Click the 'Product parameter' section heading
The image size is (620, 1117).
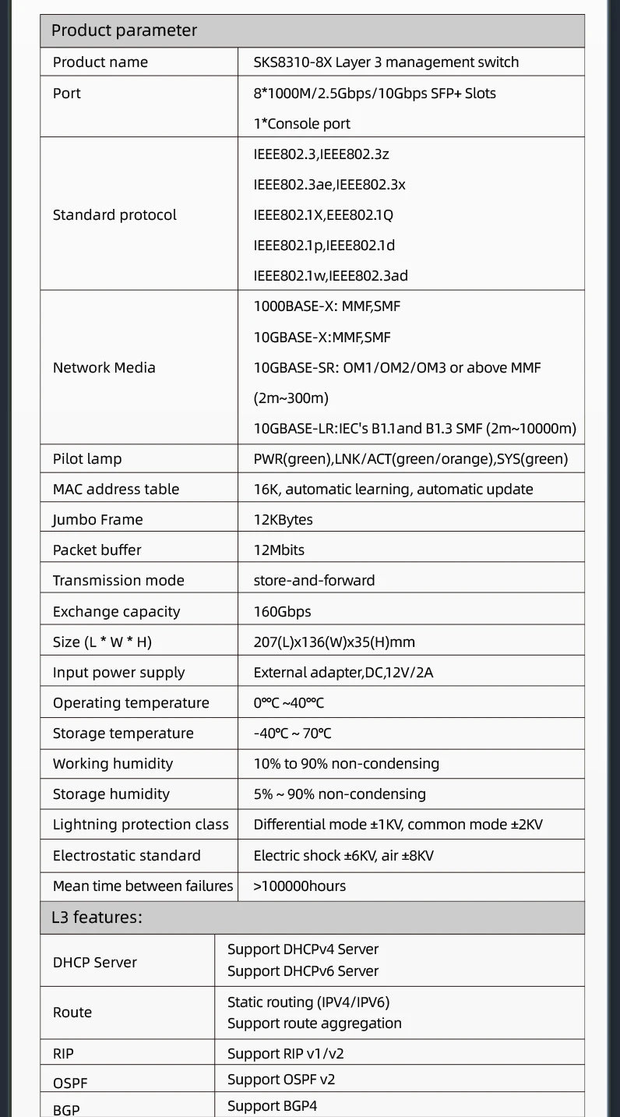pyautogui.click(x=124, y=31)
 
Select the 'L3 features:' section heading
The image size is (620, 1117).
pyautogui.click(x=97, y=917)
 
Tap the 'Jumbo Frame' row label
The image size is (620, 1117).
pyautogui.click(x=97, y=520)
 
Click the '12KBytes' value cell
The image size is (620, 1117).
pyautogui.click(x=283, y=520)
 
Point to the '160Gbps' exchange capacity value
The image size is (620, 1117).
pyautogui.click(x=282, y=612)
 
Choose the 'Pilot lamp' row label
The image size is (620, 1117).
pyautogui.click(x=87, y=459)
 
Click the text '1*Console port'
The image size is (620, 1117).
pyautogui.click(x=301, y=124)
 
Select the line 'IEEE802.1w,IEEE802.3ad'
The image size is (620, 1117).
pyautogui.click(x=330, y=275)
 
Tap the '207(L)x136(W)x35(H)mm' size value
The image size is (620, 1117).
pyautogui.click(x=334, y=642)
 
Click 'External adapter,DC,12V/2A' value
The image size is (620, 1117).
pyautogui.click(x=343, y=673)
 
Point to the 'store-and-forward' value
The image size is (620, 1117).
pyautogui.click(x=314, y=581)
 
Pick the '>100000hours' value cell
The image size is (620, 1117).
pyautogui.click(x=299, y=886)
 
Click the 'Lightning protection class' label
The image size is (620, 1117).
pyautogui.click(x=140, y=825)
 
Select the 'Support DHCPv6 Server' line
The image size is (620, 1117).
pyautogui.click(x=302, y=971)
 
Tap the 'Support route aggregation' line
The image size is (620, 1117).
pyautogui.click(x=314, y=1023)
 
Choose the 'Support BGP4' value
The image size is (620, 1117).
pyautogui.click(x=272, y=1106)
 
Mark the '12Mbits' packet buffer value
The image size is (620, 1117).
pyautogui.click(x=279, y=550)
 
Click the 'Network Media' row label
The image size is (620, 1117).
pyautogui.click(x=104, y=368)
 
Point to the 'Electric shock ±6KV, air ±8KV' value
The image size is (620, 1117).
pyautogui.click(x=343, y=856)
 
